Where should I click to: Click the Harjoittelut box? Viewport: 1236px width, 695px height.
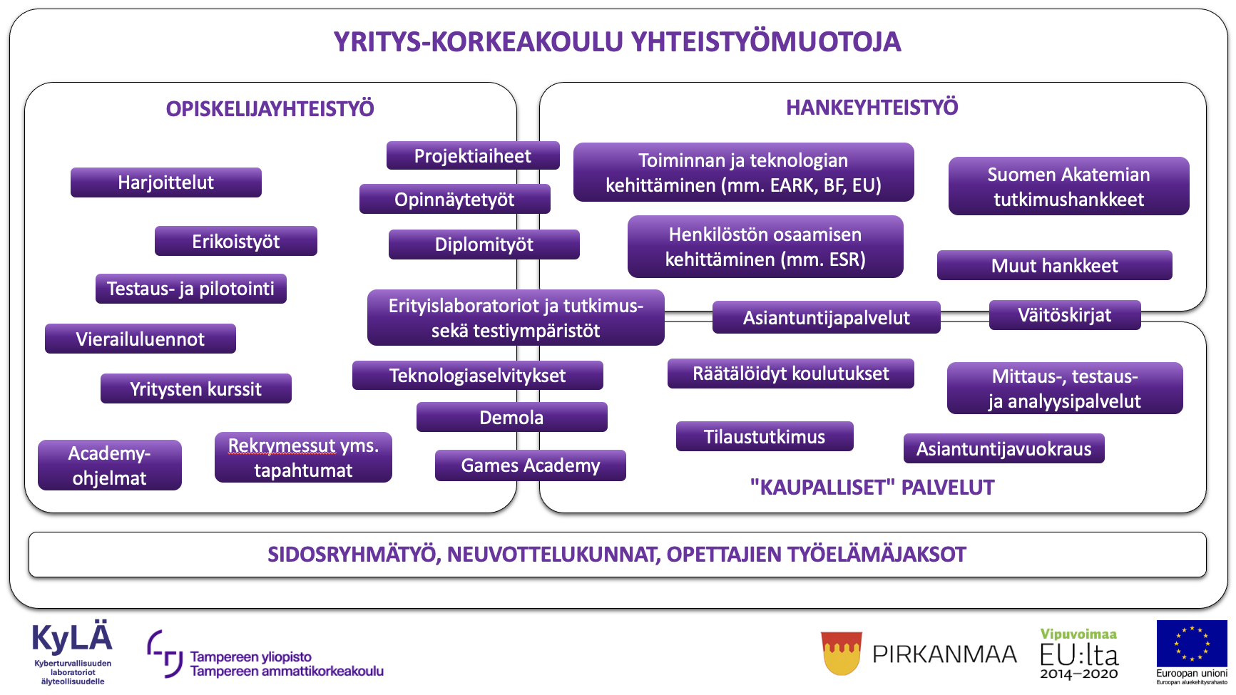[165, 182]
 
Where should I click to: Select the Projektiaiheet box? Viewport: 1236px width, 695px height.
[472, 156]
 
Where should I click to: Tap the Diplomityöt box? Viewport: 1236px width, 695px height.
[484, 244]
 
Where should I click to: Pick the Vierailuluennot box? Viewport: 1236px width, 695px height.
[140, 339]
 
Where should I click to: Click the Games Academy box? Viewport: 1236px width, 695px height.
[530, 465]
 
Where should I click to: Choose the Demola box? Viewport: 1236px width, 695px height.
[511, 417]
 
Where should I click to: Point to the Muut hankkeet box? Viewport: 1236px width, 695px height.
[1054, 265]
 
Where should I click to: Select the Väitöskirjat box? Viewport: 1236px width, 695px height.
[1064, 315]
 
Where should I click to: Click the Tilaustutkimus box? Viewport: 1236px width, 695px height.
[764, 436]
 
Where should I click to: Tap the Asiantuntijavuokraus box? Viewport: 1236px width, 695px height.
[1003, 448]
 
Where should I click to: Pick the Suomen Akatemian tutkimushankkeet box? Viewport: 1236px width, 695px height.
[1068, 186]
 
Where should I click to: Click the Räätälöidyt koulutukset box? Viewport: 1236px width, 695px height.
[790, 374]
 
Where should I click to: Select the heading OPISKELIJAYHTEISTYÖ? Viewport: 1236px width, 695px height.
[270, 109]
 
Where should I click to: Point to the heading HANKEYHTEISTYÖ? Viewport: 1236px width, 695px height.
[872, 108]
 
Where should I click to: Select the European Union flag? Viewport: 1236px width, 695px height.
[1191, 643]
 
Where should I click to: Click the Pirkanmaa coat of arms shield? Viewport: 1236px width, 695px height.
[842, 652]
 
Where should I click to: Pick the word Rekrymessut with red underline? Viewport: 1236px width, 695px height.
[281, 446]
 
